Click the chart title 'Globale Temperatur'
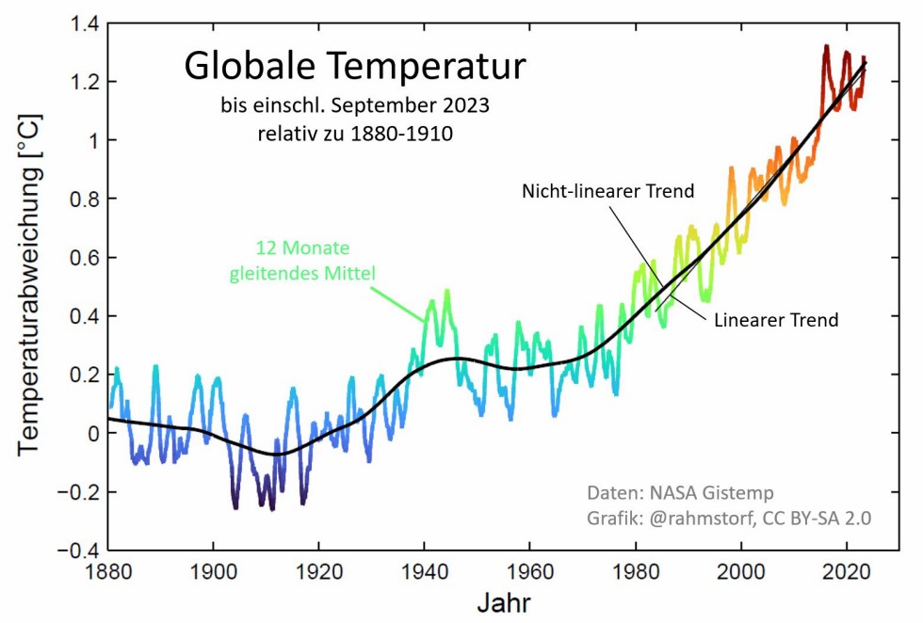click(x=354, y=67)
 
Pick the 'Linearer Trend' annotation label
click(x=776, y=320)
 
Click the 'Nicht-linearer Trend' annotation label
click(x=608, y=191)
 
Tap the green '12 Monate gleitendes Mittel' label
click(x=303, y=262)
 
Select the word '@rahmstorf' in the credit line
click(x=696, y=518)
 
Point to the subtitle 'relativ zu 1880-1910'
click(x=355, y=134)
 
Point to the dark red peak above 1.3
click(x=826, y=46)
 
